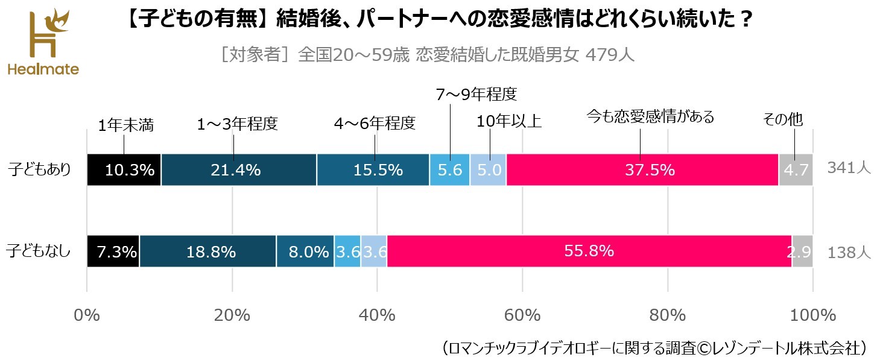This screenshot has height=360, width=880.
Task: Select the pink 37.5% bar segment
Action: [x=642, y=170]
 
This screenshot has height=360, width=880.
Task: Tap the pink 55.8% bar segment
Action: [x=589, y=251]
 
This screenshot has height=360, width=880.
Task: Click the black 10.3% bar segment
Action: [x=124, y=170]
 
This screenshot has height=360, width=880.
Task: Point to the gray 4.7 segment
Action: [x=796, y=170]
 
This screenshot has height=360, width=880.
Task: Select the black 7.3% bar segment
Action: [x=113, y=251]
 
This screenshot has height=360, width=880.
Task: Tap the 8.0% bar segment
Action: [x=305, y=251]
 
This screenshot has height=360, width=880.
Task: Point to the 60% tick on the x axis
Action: [x=522, y=315]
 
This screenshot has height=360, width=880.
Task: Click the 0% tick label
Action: [x=87, y=315]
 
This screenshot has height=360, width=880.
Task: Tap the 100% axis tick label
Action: [x=812, y=315]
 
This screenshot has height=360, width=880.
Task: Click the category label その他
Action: [x=782, y=119]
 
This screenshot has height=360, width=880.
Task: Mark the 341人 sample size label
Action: [x=849, y=168]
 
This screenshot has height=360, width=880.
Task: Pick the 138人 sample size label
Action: [x=849, y=253]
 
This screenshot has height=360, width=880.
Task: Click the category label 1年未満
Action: [x=126, y=125]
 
